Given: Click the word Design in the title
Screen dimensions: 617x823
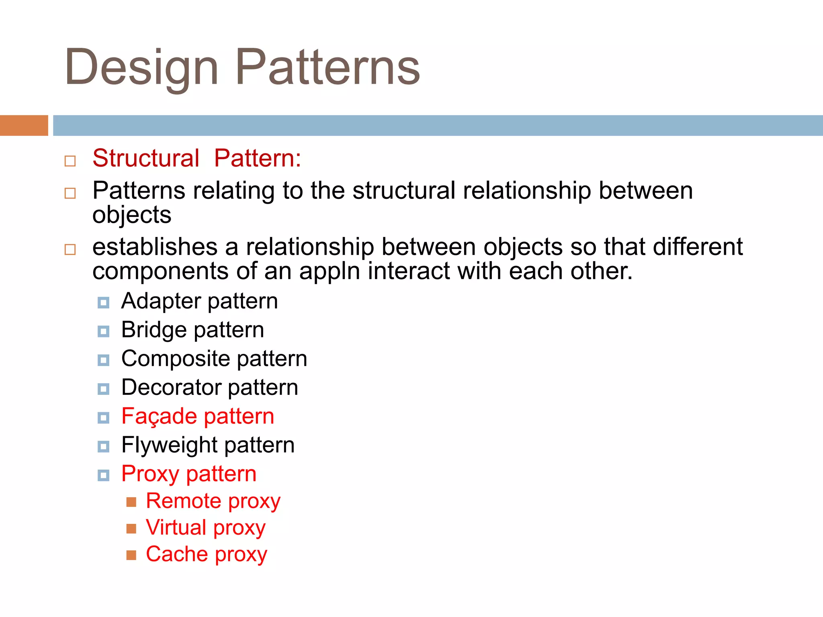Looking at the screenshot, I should coord(141,67).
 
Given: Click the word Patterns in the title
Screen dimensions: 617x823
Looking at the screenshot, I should coord(327,67).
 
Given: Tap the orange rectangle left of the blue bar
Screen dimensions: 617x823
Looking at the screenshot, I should coord(24,125).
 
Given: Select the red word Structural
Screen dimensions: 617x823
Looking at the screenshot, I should coord(145,158).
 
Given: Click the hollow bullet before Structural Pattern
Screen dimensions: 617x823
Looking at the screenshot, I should coord(70,161).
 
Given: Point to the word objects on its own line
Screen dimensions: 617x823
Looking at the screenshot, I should coord(132,215).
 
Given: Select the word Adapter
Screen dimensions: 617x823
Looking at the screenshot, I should coord(161,301).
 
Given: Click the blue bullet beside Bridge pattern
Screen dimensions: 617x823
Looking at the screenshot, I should coord(103,331).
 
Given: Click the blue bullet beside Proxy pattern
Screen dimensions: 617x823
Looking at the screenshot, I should coord(103,475).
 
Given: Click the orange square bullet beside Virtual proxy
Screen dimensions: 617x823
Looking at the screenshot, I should coord(131,528).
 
